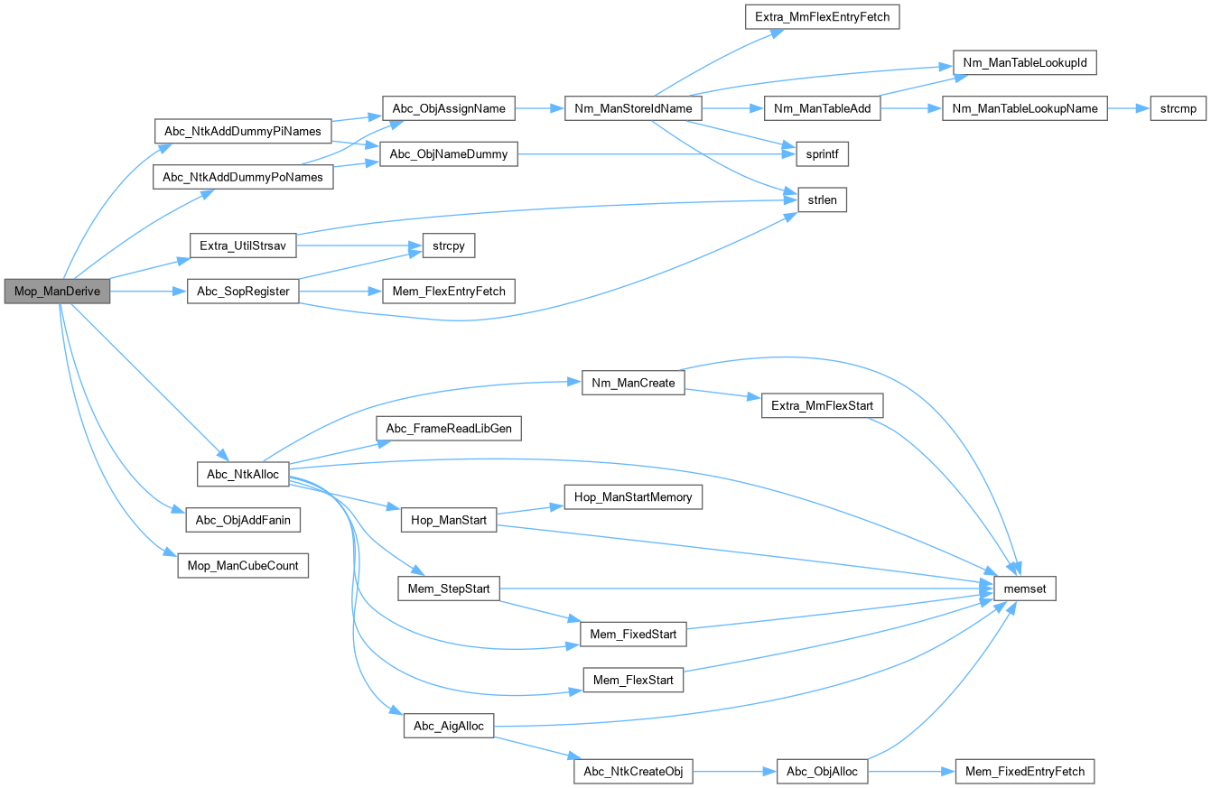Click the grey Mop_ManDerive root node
coord(57,292)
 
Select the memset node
coord(1024,589)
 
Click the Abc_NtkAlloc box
coord(243,474)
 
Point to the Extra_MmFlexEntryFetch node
coord(821,16)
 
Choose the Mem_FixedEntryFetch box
coord(1025,771)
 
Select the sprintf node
coord(822,154)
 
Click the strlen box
coord(822,200)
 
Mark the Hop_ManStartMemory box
coord(632,496)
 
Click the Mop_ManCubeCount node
coord(243,566)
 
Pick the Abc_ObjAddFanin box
coord(243,520)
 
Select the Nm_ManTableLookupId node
coord(1025,62)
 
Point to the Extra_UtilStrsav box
coord(243,246)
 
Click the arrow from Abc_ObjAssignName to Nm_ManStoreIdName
coord(539,108)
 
